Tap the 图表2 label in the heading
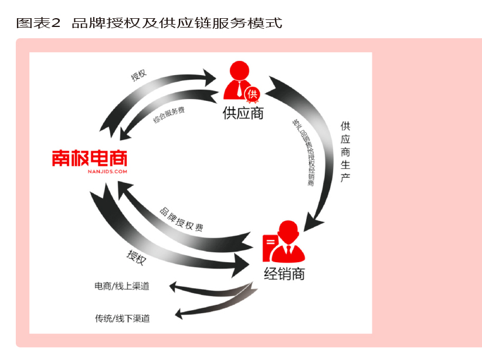(38, 23)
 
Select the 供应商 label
(243, 113)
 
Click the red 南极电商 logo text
(89, 158)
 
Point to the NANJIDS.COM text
(89, 172)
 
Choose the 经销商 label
(284, 273)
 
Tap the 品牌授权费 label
(181, 219)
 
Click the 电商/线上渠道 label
(122, 286)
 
